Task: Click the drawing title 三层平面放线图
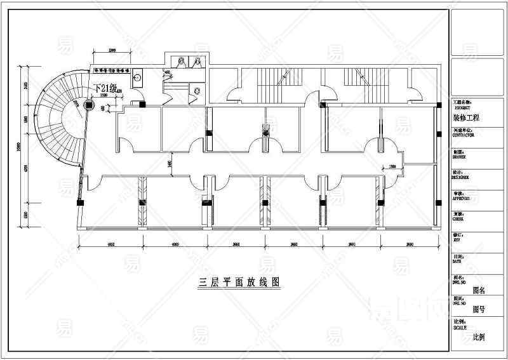click(x=239, y=281)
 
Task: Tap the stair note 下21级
click(x=105, y=89)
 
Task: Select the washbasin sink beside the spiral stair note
click(x=138, y=77)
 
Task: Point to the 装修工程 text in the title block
click(x=467, y=118)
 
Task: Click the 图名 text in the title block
click(x=479, y=290)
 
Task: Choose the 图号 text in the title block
click(x=479, y=309)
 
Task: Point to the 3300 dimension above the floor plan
click(x=112, y=50)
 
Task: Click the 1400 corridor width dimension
click(x=170, y=164)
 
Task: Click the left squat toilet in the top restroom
click(x=182, y=61)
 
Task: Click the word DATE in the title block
click(x=457, y=261)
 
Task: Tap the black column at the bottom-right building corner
click(x=438, y=202)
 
